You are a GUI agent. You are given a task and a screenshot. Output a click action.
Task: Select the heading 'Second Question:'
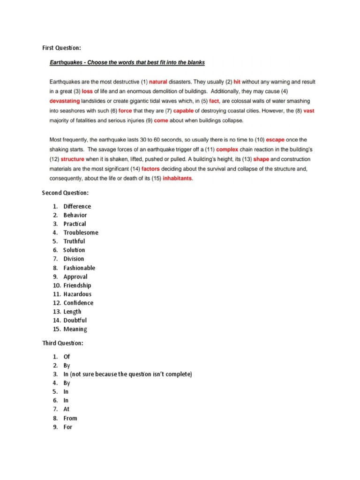tap(65, 193)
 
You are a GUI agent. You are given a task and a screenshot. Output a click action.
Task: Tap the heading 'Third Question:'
tap(63, 343)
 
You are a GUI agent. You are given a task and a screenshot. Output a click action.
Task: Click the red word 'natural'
tap(158, 82)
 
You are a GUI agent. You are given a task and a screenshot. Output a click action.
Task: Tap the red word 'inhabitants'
tap(178, 179)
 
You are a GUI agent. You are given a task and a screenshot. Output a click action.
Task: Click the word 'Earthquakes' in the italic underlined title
tap(67, 62)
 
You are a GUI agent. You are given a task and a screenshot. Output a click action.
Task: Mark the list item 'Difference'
tap(77, 206)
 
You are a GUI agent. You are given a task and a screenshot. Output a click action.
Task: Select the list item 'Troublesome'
tap(81, 232)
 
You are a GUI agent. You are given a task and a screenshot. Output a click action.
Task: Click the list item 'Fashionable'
tap(79, 268)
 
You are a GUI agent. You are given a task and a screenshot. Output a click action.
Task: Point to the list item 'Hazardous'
tap(77, 294)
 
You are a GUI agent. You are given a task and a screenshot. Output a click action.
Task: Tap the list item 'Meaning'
tap(75, 329)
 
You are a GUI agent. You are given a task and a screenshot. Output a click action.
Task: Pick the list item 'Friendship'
tap(77, 285)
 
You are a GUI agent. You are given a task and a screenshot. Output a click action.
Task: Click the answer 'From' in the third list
tap(70, 418)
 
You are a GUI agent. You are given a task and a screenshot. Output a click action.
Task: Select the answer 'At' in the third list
tap(67, 409)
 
